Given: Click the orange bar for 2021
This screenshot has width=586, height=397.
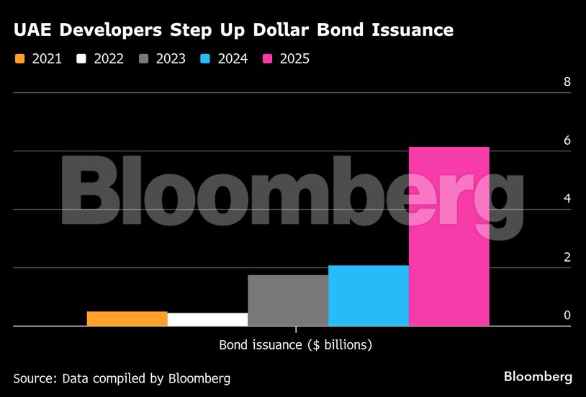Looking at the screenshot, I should point(127,318).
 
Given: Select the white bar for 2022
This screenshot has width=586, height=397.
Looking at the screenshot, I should point(207,319).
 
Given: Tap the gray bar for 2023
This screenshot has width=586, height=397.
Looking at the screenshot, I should point(288,300).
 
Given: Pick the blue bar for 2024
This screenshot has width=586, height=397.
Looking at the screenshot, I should point(369,295).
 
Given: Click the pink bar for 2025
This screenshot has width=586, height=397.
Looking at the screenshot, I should point(449,236).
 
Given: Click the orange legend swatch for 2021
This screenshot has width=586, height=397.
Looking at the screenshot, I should point(19,59).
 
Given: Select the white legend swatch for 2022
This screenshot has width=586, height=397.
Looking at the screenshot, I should point(81,59).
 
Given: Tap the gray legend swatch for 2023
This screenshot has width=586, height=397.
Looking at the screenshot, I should point(143,59).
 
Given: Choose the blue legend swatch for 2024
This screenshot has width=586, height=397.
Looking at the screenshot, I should point(205,59).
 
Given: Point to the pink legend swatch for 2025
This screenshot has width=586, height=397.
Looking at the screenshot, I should point(267,59).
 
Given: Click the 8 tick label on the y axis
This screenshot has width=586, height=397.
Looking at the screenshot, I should point(567,81).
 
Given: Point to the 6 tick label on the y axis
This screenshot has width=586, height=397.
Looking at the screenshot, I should point(567,140).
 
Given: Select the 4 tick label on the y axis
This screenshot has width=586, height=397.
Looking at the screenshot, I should point(567,198).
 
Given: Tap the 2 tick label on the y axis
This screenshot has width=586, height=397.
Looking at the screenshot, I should point(567,257).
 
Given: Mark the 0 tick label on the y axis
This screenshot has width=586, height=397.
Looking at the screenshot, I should point(567,315).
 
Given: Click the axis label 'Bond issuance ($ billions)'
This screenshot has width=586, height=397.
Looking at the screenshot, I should point(295,345).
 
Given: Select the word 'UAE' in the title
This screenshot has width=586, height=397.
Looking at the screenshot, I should point(31,30).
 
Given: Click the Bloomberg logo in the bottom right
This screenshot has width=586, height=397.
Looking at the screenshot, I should point(538,377).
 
